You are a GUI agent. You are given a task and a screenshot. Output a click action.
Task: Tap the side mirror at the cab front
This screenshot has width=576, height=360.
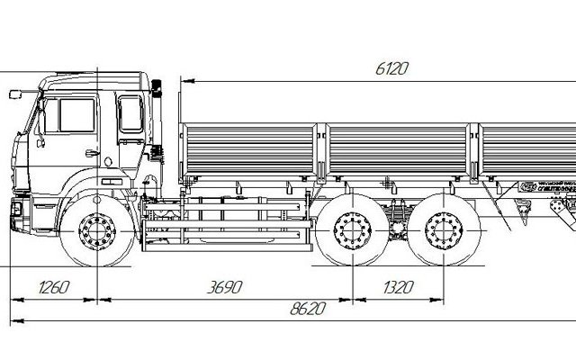point(15,93)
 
